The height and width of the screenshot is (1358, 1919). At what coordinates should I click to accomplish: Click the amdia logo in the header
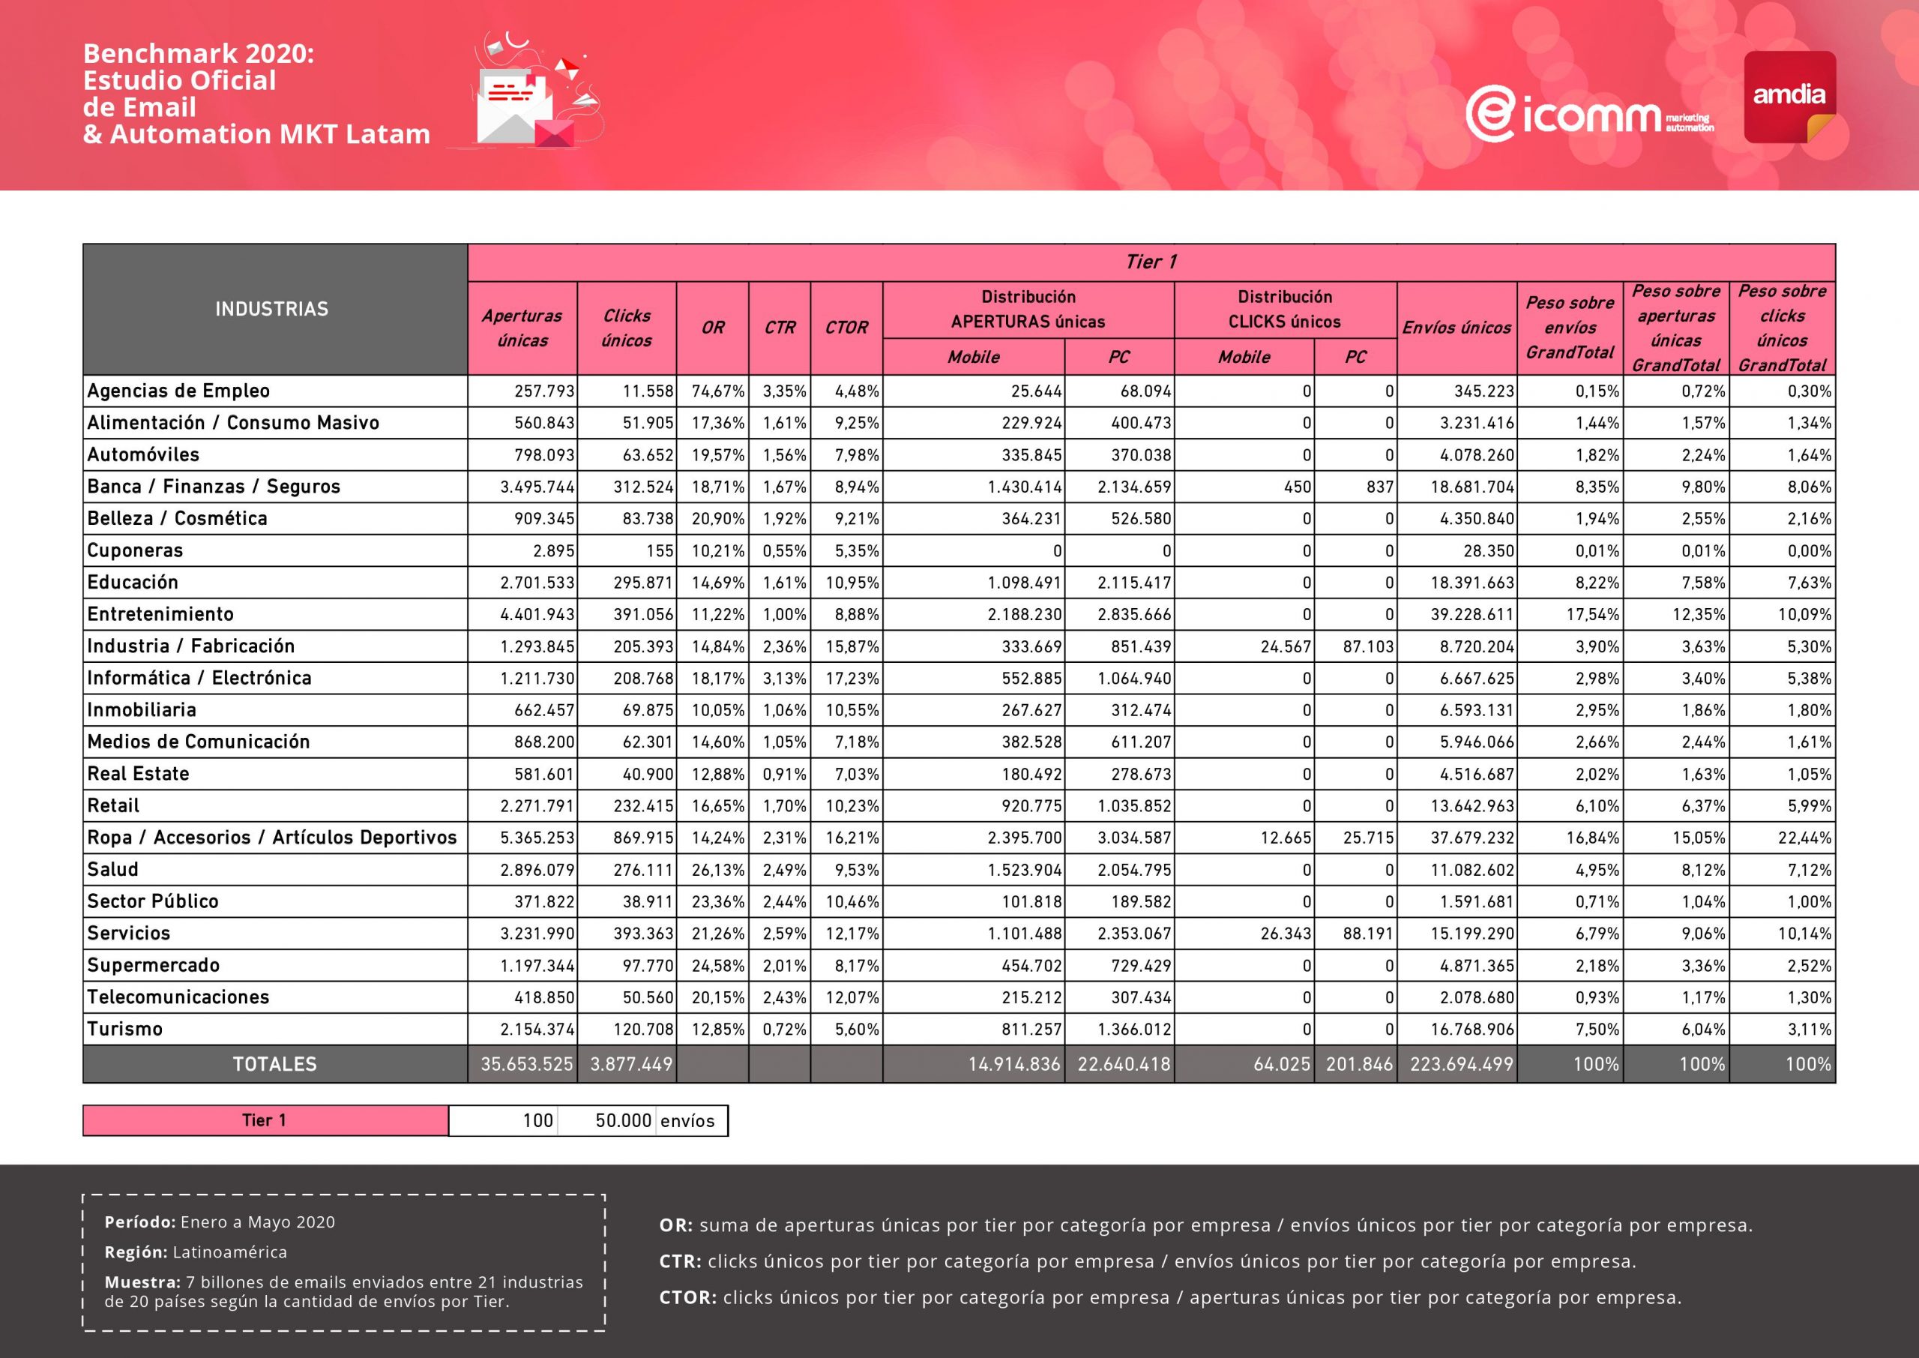1789,96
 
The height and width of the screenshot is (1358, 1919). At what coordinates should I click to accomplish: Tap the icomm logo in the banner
1588,115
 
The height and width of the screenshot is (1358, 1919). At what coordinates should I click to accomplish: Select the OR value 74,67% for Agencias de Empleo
717,391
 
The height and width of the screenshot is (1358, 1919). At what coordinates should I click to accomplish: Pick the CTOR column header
846,328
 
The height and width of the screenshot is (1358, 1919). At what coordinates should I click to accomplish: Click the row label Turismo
124,1030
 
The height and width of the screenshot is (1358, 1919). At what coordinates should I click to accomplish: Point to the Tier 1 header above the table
1151,262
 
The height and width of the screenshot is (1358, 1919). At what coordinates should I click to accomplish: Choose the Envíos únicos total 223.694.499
1461,1065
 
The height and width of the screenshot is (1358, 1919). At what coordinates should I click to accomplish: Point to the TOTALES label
274,1065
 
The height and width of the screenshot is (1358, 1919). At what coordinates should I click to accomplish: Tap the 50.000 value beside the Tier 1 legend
623,1121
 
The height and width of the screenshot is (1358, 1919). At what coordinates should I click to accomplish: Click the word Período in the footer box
139,1222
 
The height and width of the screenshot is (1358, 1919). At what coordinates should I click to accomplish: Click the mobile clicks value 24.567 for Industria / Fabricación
1286,646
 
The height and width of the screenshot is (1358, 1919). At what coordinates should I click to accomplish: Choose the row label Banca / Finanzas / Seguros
213,487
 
